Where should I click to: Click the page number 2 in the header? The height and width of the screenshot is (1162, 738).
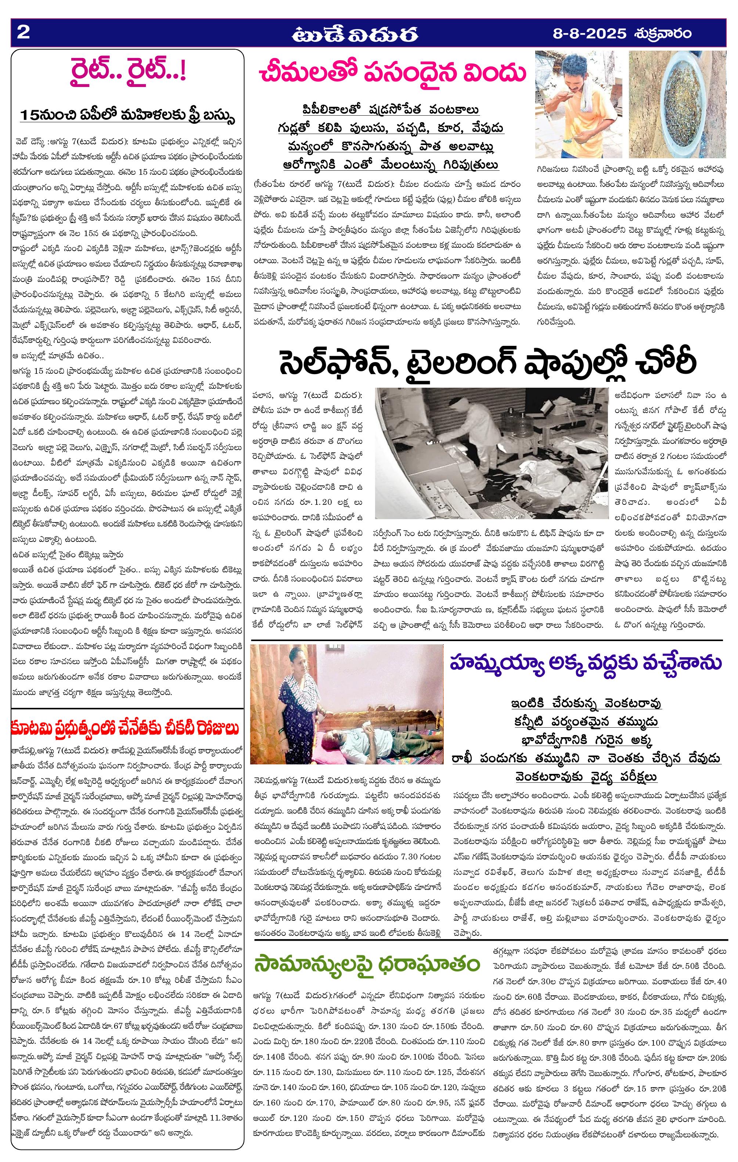24,33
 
